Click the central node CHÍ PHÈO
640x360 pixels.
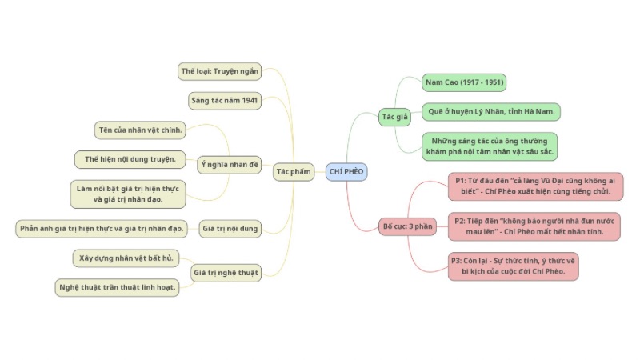click(346, 171)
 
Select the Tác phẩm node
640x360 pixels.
click(293, 171)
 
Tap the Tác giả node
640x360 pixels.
click(394, 117)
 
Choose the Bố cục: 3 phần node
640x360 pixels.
click(406, 226)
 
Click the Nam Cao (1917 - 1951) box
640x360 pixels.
click(464, 82)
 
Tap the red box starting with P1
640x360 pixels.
click(534, 186)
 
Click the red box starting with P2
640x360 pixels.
click(534, 226)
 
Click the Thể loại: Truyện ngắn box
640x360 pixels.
click(219, 71)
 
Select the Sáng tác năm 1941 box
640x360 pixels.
click(224, 100)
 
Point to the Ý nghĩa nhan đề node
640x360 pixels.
click(230, 164)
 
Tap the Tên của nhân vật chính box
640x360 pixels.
click(140, 130)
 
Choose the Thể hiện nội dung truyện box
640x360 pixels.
click(130, 159)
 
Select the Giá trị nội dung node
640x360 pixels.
click(230, 229)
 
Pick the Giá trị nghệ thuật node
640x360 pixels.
click(226, 273)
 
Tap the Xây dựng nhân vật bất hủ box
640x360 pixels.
click(126, 258)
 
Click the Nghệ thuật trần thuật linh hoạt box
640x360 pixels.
click(117, 287)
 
